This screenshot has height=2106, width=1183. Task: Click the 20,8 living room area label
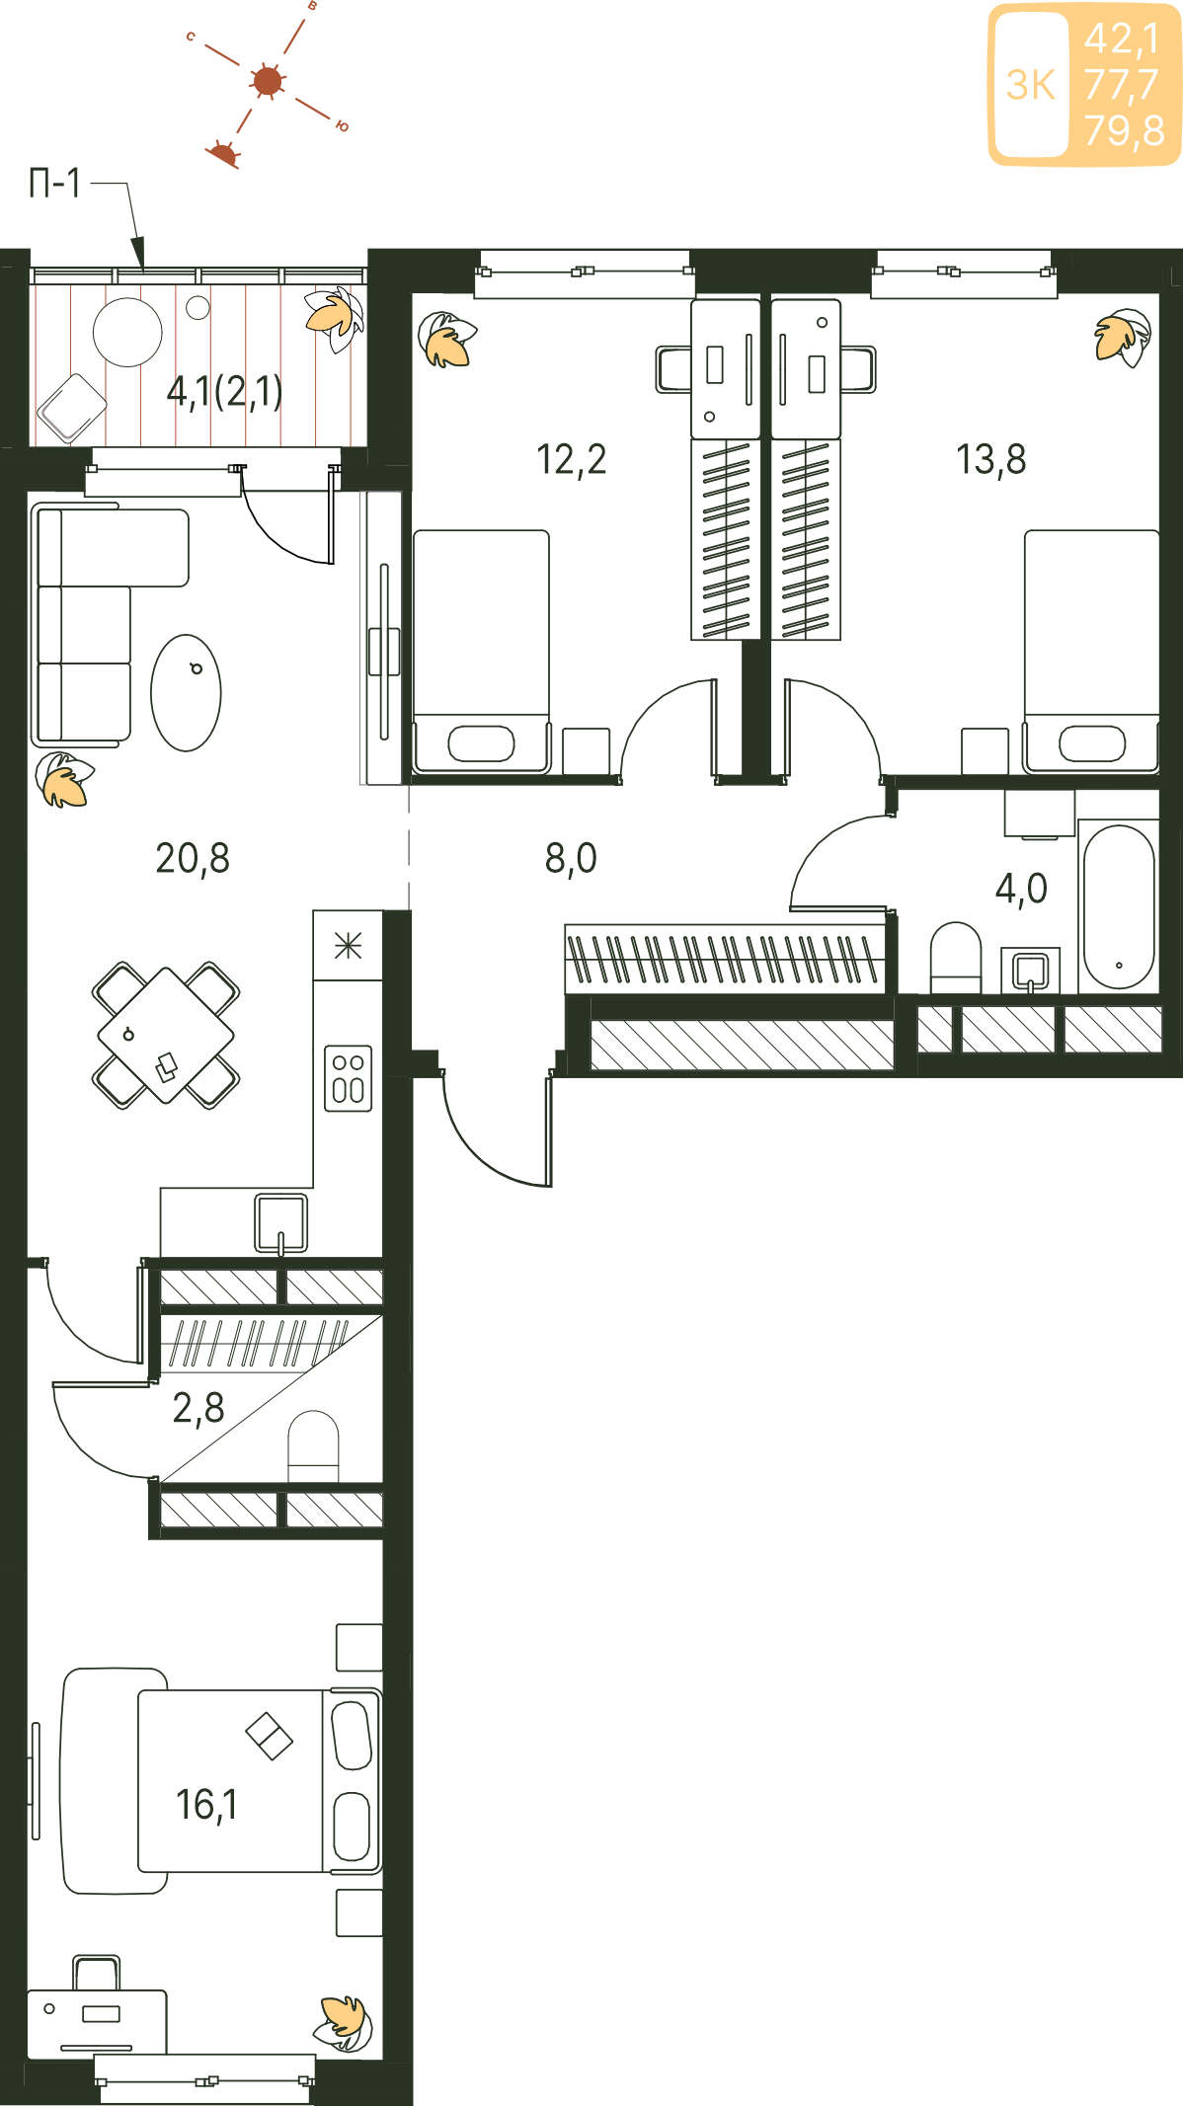(x=193, y=859)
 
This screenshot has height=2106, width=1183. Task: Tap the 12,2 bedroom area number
(x=571, y=460)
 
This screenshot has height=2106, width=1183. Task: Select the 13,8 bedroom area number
(x=990, y=460)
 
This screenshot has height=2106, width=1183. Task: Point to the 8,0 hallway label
(x=571, y=859)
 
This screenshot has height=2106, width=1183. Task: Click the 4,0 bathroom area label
(x=1021, y=889)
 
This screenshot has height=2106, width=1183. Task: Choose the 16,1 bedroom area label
(x=206, y=1805)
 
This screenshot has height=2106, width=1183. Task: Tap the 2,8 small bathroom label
(x=198, y=1408)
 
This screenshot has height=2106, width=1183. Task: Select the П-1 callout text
(x=55, y=184)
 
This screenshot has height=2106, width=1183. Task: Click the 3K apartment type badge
(x=1031, y=85)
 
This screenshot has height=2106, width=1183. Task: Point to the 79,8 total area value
(x=1124, y=130)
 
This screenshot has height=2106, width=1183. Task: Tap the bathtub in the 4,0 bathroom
(x=1119, y=907)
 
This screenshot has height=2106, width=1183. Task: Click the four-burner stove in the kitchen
(x=349, y=1078)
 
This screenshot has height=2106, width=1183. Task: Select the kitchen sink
(x=281, y=1223)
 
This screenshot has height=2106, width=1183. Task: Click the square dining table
(x=166, y=1036)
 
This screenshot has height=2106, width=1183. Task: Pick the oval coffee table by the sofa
(x=186, y=693)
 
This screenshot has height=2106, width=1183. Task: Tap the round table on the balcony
(x=127, y=333)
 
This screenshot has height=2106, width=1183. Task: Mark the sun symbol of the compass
(x=268, y=81)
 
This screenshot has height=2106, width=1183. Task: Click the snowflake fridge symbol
(x=348, y=946)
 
